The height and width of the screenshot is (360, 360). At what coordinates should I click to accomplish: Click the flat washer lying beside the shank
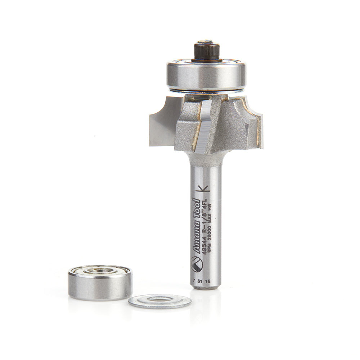[x=160, y=301]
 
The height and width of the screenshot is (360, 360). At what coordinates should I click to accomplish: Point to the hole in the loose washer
[x=159, y=300]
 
